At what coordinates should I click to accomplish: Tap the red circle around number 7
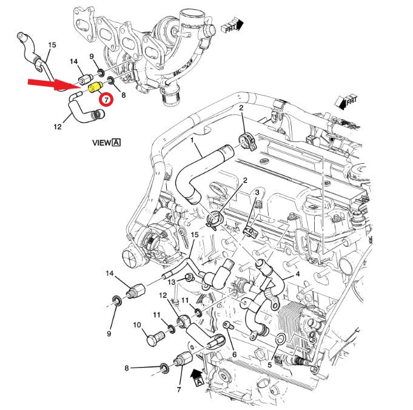point(106,99)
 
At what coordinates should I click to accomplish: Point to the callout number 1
point(192,141)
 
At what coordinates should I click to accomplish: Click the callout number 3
point(257,192)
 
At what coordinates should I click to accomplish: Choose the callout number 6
point(234,354)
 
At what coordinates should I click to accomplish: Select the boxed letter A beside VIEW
point(116,143)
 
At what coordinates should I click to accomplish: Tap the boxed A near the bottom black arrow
point(198,381)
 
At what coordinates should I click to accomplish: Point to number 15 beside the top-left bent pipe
point(52,45)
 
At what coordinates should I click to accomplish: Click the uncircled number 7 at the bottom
point(179,389)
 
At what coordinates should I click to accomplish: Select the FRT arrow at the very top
point(232,25)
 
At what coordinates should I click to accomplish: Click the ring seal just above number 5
point(280,338)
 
